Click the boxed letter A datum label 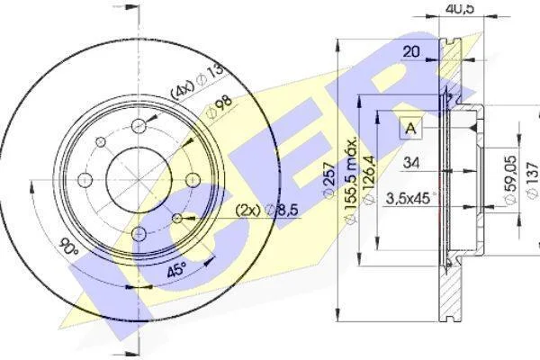pyautogui.click(x=411, y=128)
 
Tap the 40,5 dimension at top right pyautogui.click(x=460, y=8)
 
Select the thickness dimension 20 pyautogui.click(x=411, y=52)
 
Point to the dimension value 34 pyautogui.click(x=411, y=162)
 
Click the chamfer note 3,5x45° pyautogui.click(x=409, y=199)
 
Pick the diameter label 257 pyautogui.click(x=329, y=180)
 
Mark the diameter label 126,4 pyautogui.click(x=369, y=180)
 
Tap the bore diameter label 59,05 pyautogui.click(x=510, y=179)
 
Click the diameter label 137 pyautogui.click(x=533, y=180)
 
